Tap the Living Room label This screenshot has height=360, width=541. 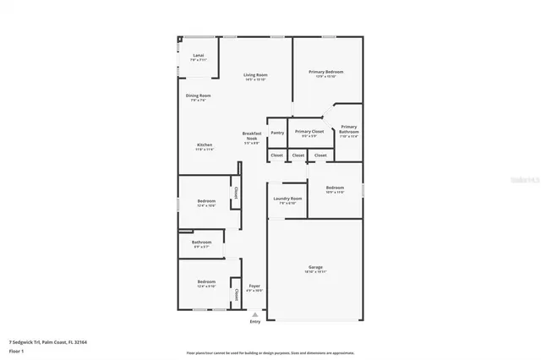[255, 75]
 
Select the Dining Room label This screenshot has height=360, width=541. [199, 96]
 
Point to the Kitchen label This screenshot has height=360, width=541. [205, 145]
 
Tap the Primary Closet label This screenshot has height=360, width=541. [309, 132]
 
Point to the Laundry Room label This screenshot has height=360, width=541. [287, 199]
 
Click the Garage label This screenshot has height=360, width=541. [314, 269]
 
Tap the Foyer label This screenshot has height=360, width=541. [254, 286]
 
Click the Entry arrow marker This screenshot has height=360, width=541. [254, 314]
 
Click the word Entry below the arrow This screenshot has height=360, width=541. [254, 322]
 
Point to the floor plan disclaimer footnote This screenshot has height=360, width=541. [270, 352]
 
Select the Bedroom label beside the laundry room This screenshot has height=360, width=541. [335, 188]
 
